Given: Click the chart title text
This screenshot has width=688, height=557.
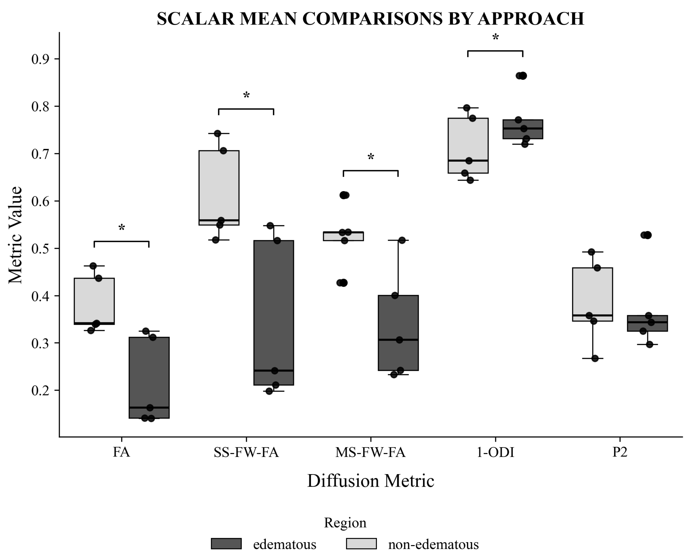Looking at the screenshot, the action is tap(370, 19).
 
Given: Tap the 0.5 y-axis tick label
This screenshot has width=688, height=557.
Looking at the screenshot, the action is tap(41, 249).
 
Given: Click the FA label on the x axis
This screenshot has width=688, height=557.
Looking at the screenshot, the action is tap(121, 452).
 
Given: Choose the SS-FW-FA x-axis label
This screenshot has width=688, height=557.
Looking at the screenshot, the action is tap(246, 452).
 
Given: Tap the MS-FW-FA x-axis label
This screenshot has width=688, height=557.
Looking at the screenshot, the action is tap(370, 452).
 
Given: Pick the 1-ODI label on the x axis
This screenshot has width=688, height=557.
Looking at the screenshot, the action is tap(495, 452).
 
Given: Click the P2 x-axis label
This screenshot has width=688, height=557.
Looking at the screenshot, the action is tap(620, 452).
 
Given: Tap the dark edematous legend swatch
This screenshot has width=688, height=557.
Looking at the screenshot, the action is tap(226, 544).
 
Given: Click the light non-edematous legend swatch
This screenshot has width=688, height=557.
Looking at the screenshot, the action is tap(361, 544).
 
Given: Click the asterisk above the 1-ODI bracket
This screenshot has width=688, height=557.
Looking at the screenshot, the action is tap(495, 37).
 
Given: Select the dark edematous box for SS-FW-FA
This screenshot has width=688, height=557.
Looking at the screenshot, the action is tap(274, 313).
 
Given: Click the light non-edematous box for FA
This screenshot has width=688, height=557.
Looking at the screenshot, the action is tap(94, 301).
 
